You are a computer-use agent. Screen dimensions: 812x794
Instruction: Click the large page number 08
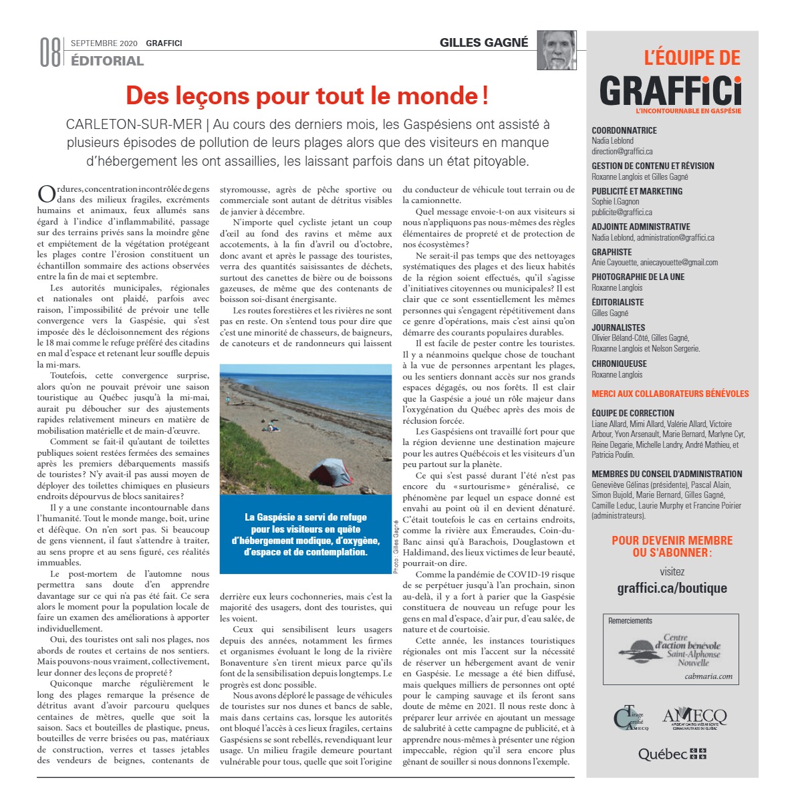coord(50,53)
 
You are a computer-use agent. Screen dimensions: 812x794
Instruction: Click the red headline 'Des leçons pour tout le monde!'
coord(307,96)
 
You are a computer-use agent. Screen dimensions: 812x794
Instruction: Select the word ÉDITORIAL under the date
coord(107,61)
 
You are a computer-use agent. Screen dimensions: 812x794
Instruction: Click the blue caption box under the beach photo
coord(305,534)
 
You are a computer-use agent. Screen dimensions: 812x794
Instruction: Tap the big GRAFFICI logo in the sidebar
coord(670,90)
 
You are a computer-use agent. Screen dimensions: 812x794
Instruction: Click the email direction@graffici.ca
coord(622,152)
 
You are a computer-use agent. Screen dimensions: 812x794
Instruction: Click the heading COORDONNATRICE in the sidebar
coord(624,130)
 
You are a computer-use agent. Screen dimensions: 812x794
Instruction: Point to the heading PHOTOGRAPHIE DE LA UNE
coord(638,277)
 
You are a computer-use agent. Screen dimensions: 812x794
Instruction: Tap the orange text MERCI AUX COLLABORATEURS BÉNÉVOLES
coord(670,394)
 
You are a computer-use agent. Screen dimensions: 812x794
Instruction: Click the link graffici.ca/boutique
coord(672,588)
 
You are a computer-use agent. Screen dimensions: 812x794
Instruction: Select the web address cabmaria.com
coord(708,676)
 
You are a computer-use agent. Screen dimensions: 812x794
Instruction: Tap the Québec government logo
coord(672,754)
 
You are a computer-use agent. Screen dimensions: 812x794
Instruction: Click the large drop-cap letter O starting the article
coord(46,194)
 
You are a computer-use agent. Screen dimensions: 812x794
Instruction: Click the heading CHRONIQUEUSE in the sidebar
coord(619,364)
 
